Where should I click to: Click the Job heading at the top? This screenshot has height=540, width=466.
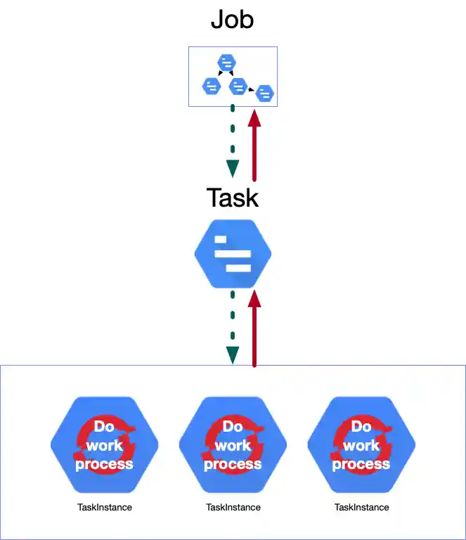pyautogui.click(x=233, y=20)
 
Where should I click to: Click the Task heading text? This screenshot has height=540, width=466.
pyautogui.click(x=233, y=198)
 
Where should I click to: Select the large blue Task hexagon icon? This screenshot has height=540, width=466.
pyautogui.click(x=233, y=254)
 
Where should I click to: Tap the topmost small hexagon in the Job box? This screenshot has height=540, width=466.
pyautogui.click(x=226, y=63)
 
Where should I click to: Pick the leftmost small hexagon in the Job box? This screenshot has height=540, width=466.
pyautogui.click(x=212, y=86)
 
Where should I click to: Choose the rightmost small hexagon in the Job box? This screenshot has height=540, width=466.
pyautogui.click(x=264, y=93)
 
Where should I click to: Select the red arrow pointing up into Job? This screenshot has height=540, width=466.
pyautogui.click(x=254, y=144)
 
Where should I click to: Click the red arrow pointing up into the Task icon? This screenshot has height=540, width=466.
pyautogui.click(x=254, y=327)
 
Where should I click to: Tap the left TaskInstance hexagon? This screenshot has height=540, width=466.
pyautogui.click(x=105, y=445)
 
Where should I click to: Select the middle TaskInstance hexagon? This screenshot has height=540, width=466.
pyautogui.click(x=233, y=445)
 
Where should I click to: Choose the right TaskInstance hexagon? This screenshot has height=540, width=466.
pyautogui.click(x=361, y=445)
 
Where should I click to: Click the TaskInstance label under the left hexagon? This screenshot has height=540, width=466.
pyautogui.click(x=105, y=507)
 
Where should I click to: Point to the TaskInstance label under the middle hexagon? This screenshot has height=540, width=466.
pyautogui.click(x=233, y=507)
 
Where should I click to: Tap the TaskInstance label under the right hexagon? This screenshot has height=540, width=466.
pyautogui.click(x=361, y=507)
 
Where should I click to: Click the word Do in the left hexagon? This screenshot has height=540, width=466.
pyautogui.click(x=104, y=427)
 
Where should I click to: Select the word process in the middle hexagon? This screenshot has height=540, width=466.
pyautogui.click(x=233, y=464)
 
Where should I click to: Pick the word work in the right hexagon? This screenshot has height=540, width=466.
pyautogui.click(x=361, y=446)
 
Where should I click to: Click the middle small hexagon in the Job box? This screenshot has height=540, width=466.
pyautogui.click(x=238, y=85)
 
